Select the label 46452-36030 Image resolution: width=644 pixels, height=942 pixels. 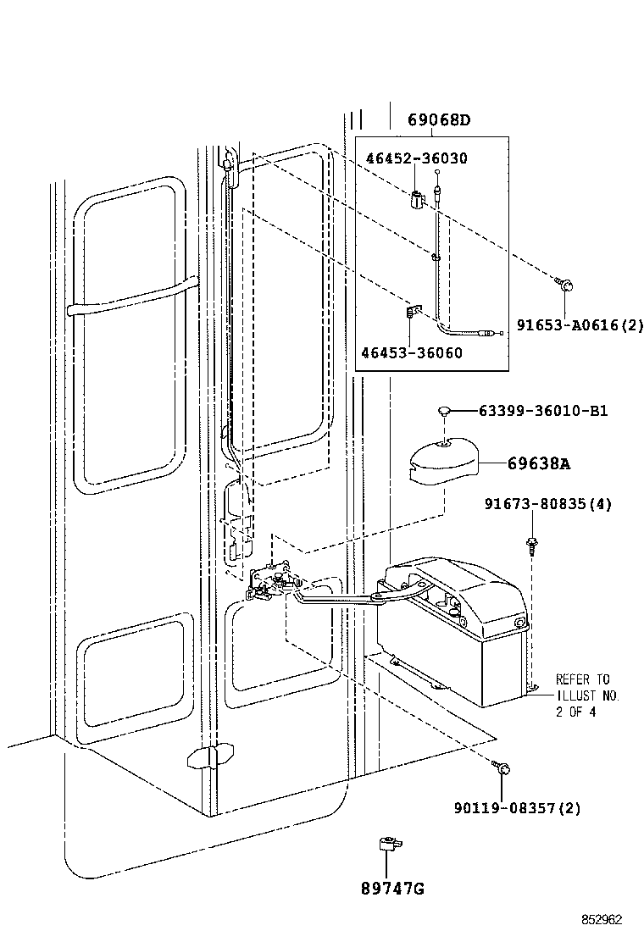point(416,158)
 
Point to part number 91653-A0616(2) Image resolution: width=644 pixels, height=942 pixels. point(580,323)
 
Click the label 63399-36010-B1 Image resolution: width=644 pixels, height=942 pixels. point(542,412)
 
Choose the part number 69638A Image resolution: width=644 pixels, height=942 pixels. point(539,463)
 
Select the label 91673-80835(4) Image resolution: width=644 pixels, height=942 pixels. point(547,505)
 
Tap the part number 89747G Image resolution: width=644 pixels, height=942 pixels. point(391,889)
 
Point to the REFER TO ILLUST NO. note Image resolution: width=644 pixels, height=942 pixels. point(587,695)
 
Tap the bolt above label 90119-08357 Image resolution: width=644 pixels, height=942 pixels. point(502,767)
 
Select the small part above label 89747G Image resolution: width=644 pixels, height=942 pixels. point(388,845)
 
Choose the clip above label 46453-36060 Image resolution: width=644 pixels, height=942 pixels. point(413,313)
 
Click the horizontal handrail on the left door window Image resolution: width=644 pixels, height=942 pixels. point(131,298)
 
